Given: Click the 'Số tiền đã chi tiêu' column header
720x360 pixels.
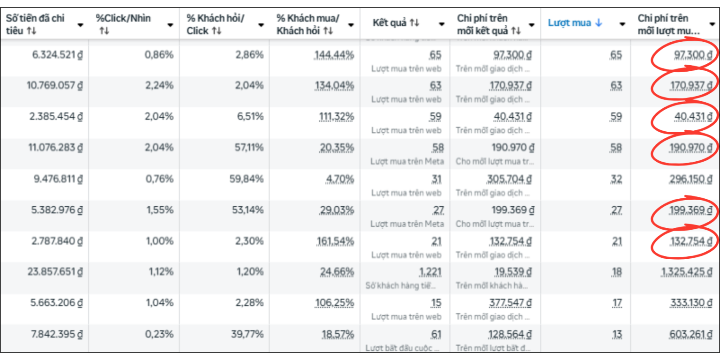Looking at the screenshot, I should (35, 24).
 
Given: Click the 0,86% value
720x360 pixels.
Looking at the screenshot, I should (159, 55).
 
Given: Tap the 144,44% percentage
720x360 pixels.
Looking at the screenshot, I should (334, 55).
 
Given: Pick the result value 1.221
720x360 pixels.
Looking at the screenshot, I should (430, 271).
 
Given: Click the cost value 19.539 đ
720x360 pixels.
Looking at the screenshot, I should (513, 271).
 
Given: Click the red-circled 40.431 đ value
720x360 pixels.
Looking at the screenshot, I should (693, 116).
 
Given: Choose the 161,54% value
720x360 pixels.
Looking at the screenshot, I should (334, 241).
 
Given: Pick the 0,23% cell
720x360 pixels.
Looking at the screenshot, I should (159, 334).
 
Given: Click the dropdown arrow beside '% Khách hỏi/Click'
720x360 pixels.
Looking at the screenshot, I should (261, 25).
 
